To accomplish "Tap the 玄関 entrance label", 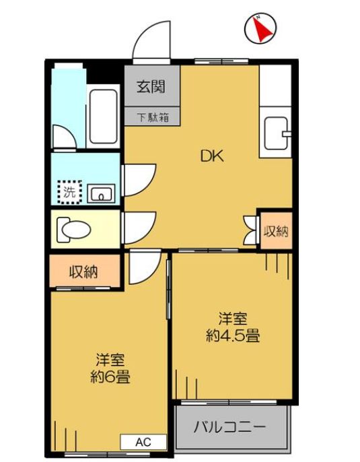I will [x=151, y=87].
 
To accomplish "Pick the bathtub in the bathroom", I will [x=103, y=117].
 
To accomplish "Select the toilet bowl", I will [x=73, y=229].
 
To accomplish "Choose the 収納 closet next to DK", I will [x=275, y=232].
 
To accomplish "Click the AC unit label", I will [x=142, y=442].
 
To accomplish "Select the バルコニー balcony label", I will [x=230, y=427].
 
